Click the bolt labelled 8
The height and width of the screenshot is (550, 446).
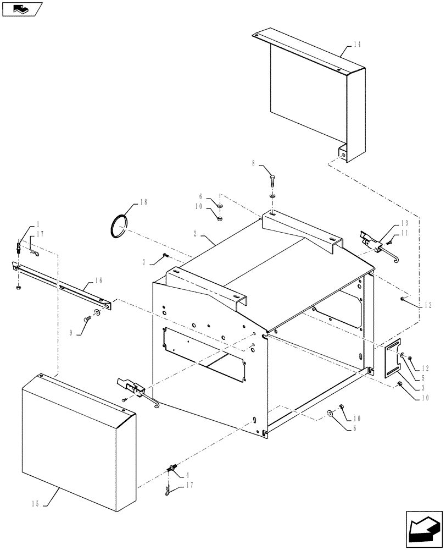273,180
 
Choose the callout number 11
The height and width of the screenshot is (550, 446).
404,233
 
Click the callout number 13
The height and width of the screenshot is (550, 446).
404,223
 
